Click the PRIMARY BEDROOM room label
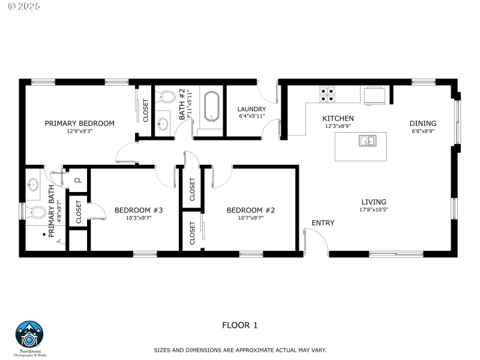click(x=79, y=124)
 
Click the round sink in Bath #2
click(x=163, y=124)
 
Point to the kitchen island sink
click(x=367, y=141)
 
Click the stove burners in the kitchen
click(x=327, y=93)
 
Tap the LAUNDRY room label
click(x=251, y=109)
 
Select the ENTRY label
click(x=322, y=223)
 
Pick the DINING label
click(x=423, y=124)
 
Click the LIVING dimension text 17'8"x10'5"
click(x=373, y=210)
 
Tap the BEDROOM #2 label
click(x=250, y=210)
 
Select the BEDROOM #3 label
click(x=139, y=210)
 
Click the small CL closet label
click(x=78, y=180)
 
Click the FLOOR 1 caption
click(x=240, y=326)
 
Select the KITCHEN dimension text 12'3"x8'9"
click(x=339, y=127)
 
